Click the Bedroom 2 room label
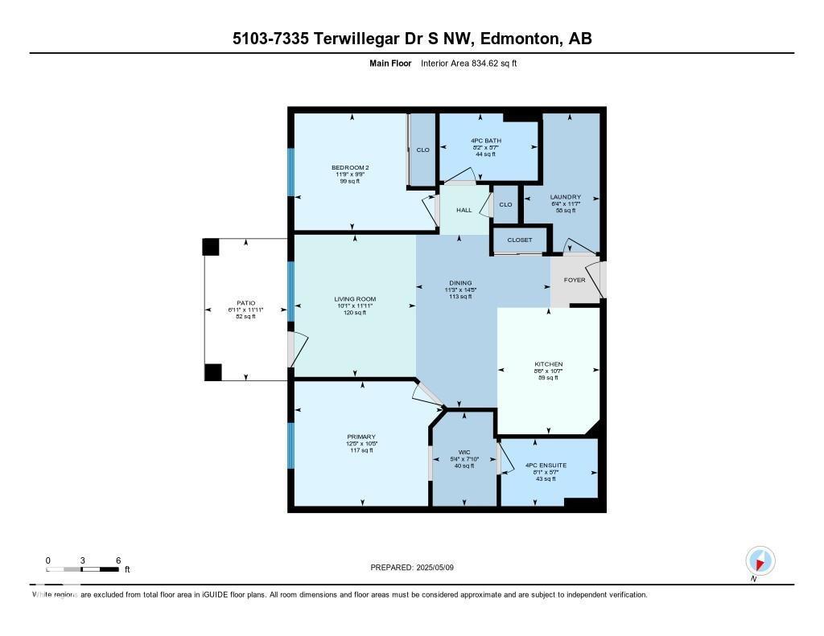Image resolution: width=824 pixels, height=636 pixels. coord(350,167)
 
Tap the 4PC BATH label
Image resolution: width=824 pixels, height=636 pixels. coord(486,141)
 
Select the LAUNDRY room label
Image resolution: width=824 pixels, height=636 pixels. coord(565,197)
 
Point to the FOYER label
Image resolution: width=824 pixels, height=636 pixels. coord(575,280)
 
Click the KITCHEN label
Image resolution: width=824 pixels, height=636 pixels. coord(548,364)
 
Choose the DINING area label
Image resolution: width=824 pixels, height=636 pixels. coord(460,283)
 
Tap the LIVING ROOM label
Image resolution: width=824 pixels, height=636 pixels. coord(355,299)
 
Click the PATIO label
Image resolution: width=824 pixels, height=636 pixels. coord(245,303)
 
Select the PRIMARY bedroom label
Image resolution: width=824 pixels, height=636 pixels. coord(362,437)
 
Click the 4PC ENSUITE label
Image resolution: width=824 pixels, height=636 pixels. coord(546,465)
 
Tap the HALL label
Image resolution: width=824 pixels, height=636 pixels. coord(464,210)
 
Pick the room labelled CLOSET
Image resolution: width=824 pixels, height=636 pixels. coord(519,240)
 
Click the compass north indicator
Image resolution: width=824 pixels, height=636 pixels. coord(760,560)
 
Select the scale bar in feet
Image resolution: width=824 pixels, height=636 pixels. coord(83,569)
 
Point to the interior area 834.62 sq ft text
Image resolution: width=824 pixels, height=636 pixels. coord(468,63)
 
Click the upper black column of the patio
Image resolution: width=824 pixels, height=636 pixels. coord(211,247)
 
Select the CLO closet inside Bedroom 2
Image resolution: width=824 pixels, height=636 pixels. coord(422,150)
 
